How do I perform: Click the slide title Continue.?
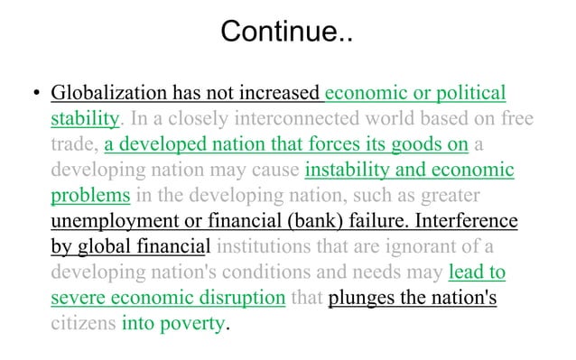288,34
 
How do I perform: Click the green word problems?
90,195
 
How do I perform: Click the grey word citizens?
82,322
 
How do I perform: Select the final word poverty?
189,322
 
